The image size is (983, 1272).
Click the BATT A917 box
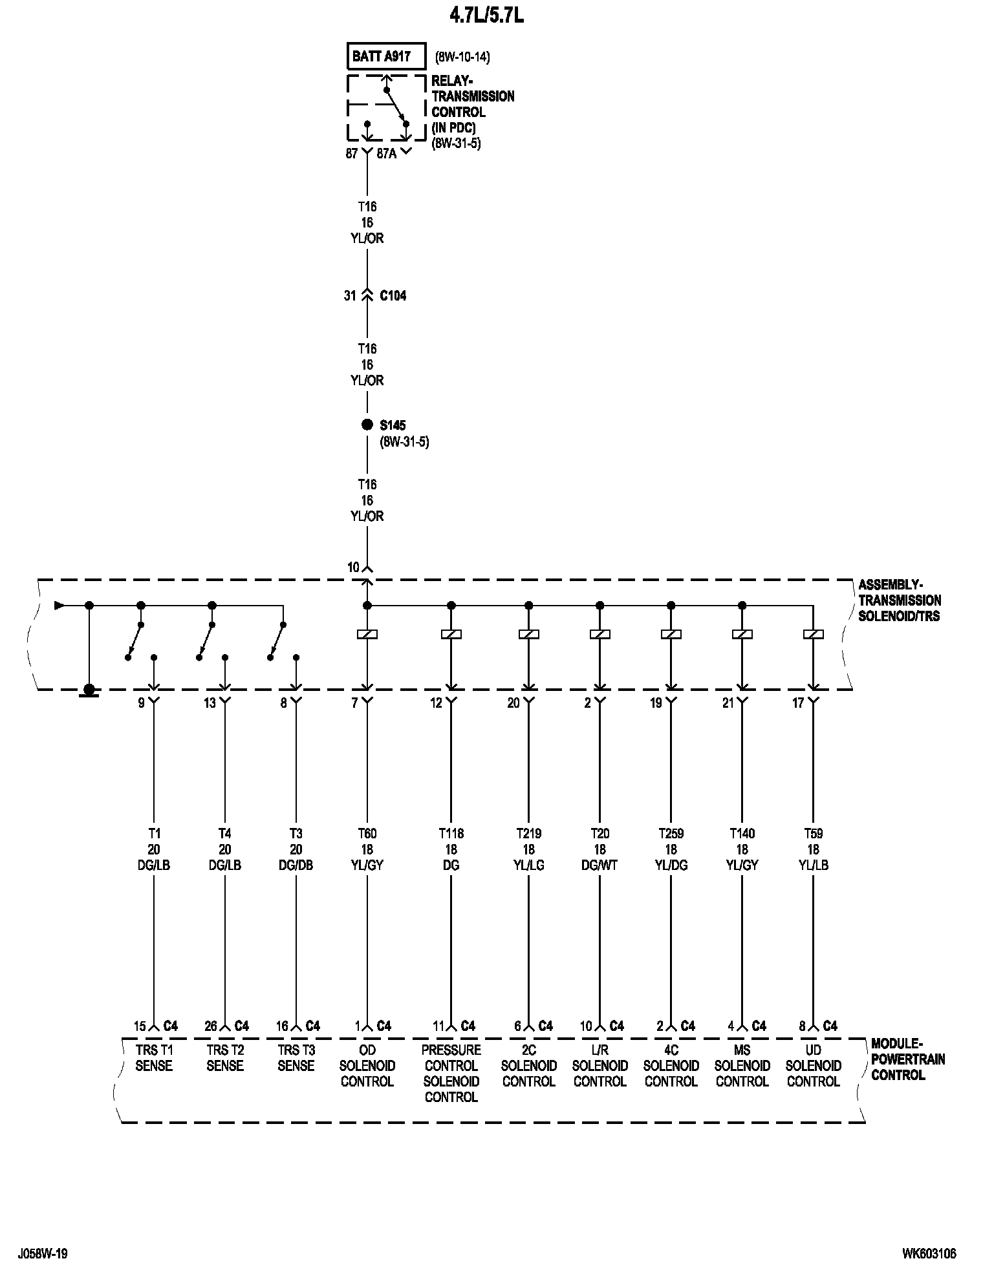386,56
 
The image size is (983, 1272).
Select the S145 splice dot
367,425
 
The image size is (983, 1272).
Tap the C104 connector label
393,295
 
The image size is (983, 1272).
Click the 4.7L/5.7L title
486,16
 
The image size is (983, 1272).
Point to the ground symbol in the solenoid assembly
89,691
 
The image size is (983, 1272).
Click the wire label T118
451,833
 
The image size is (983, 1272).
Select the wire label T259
671,833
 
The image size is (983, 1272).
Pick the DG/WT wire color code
600,865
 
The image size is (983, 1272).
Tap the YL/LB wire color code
814,865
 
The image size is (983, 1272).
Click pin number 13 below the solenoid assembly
210,703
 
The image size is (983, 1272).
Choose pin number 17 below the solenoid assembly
798,703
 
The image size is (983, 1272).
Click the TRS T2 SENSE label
225,1057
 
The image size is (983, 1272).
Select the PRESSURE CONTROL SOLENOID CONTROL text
451,1073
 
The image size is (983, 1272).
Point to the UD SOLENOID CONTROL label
814,1065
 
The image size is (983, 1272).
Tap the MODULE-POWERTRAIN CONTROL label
907,1059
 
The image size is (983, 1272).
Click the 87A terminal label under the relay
386,154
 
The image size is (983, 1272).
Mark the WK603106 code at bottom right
929,1254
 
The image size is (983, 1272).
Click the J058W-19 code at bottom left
43,1254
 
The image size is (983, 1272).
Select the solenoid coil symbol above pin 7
367,635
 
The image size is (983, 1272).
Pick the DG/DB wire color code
296,865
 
